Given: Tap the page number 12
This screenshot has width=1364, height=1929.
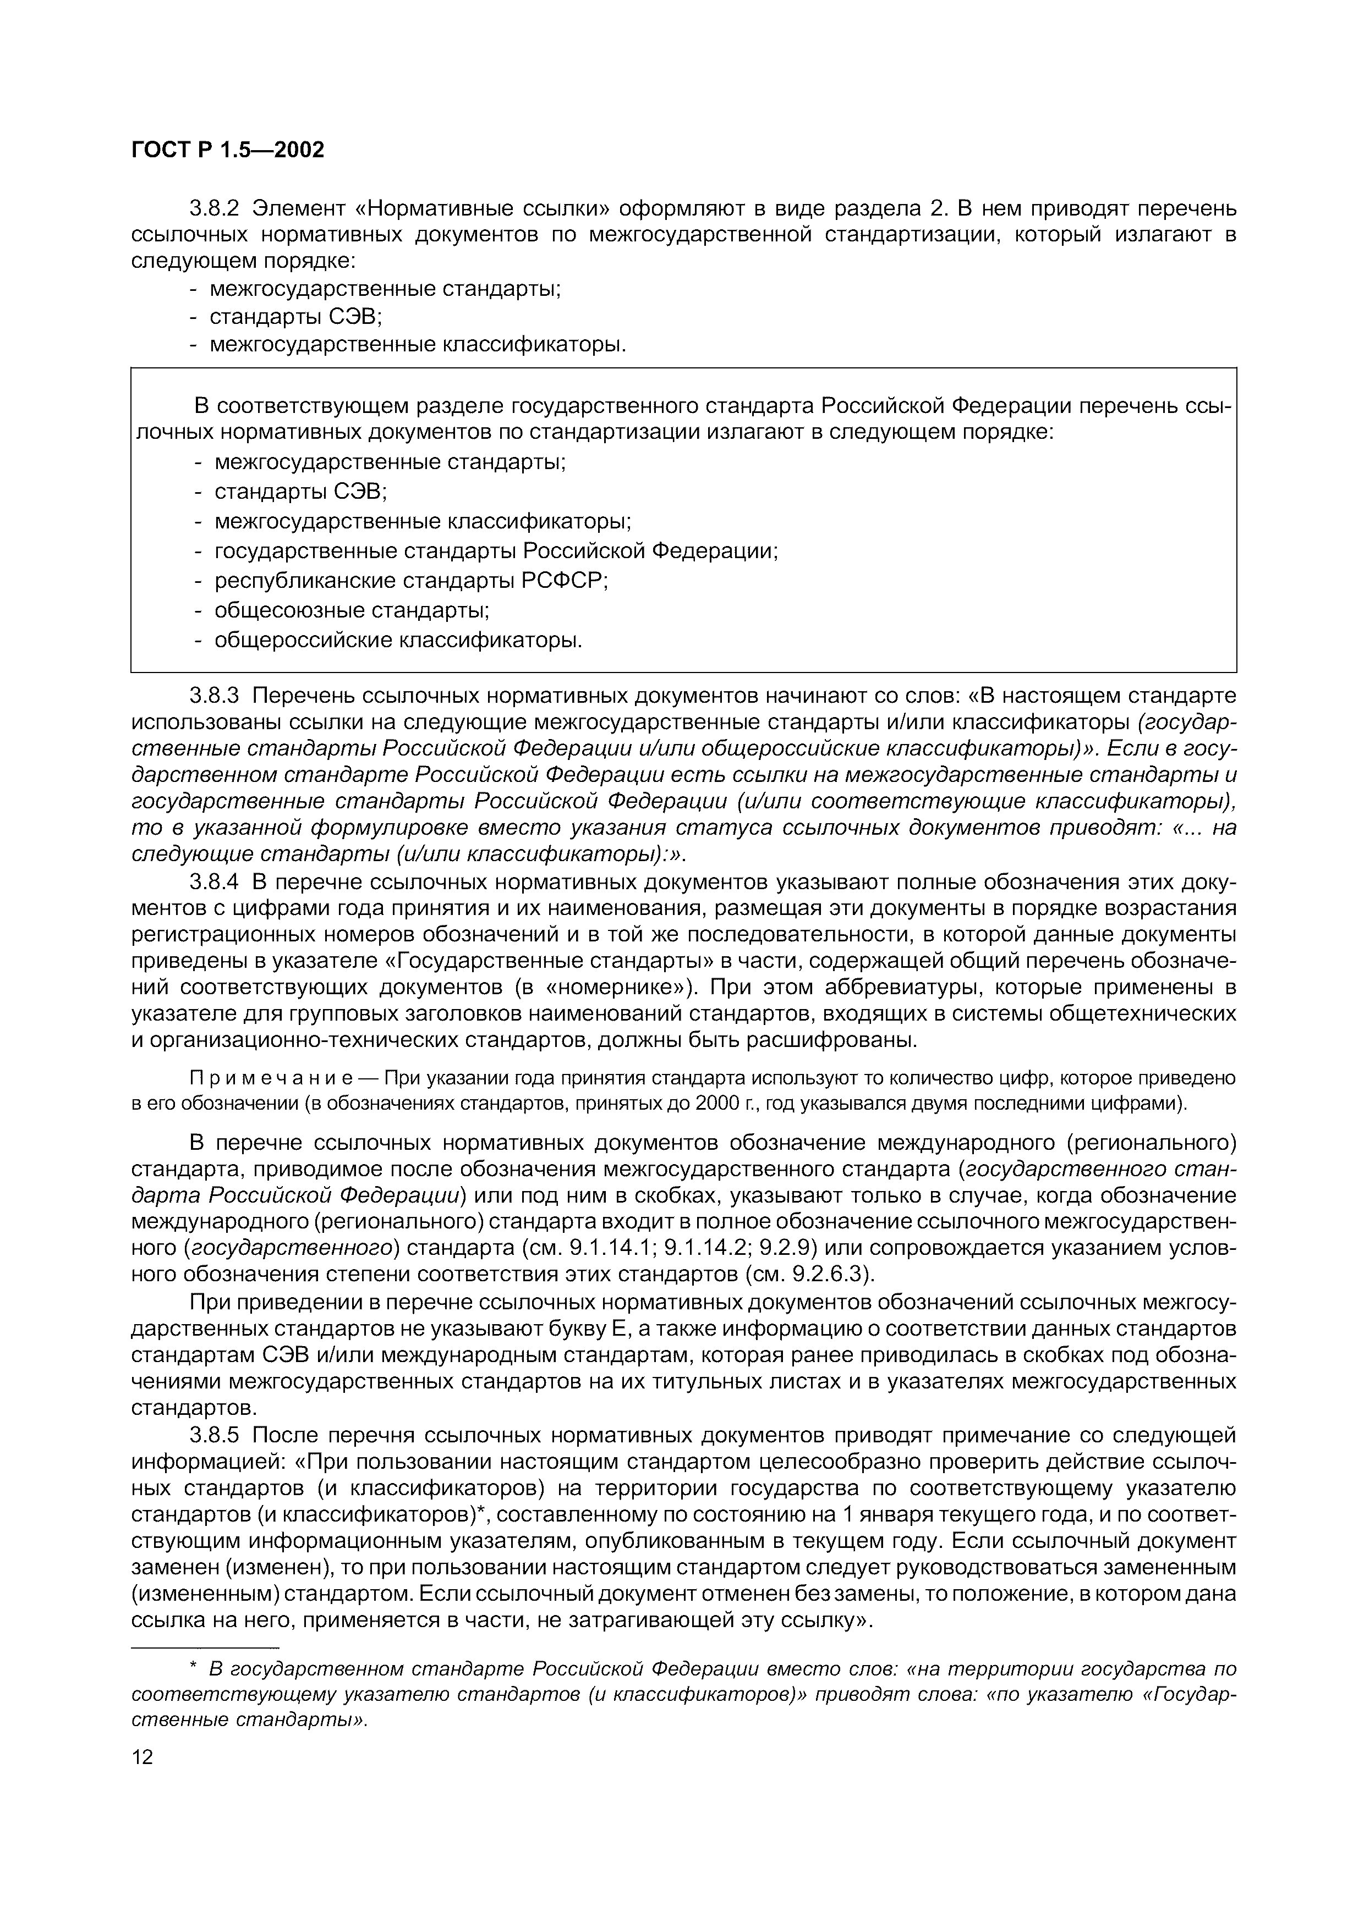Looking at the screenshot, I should click(143, 1757).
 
